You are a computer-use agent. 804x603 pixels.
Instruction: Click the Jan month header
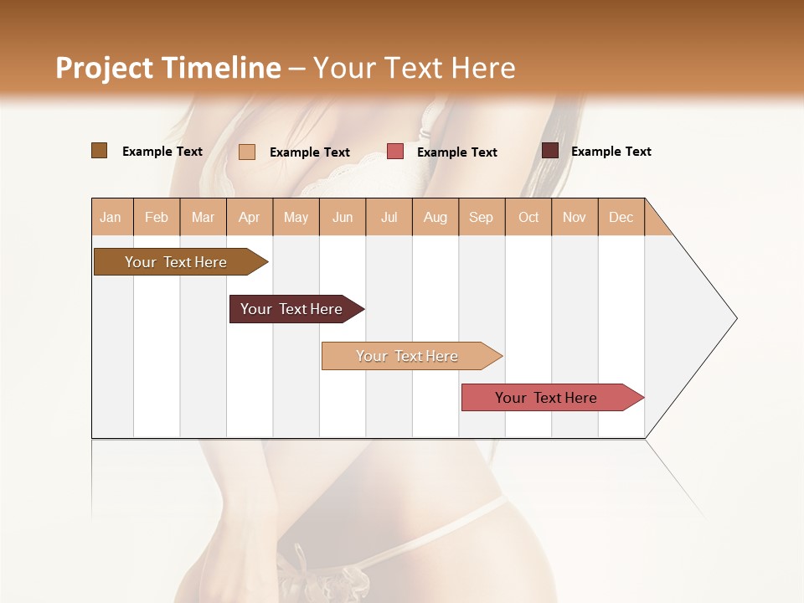click(x=111, y=217)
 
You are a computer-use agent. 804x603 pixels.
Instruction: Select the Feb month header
click(x=157, y=217)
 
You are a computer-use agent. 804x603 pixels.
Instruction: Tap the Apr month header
click(x=250, y=217)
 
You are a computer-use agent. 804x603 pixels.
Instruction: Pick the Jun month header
click(x=343, y=217)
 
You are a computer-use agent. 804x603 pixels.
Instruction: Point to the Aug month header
click(x=435, y=217)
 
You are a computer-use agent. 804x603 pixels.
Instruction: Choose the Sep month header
click(x=482, y=217)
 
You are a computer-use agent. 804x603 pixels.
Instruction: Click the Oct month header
click(x=528, y=217)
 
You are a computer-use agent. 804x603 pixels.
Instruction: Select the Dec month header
click(x=621, y=217)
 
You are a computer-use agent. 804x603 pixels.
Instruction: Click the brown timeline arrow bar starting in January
click(x=176, y=262)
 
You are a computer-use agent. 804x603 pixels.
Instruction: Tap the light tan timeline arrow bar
click(x=408, y=356)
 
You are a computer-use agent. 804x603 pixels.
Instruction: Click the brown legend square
click(x=99, y=151)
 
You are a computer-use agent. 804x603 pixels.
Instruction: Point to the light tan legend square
click(x=247, y=152)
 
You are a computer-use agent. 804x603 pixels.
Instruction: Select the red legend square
click(x=395, y=152)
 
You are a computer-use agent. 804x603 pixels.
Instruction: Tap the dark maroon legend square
click(x=550, y=151)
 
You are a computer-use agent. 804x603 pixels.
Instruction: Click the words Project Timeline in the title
click(x=167, y=68)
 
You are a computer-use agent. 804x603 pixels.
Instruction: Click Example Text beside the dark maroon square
click(x=611, y=152)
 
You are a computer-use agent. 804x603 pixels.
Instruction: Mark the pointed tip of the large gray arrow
click(x=735, y=318)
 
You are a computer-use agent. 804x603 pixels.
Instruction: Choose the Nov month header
click(x=575, y=217)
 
